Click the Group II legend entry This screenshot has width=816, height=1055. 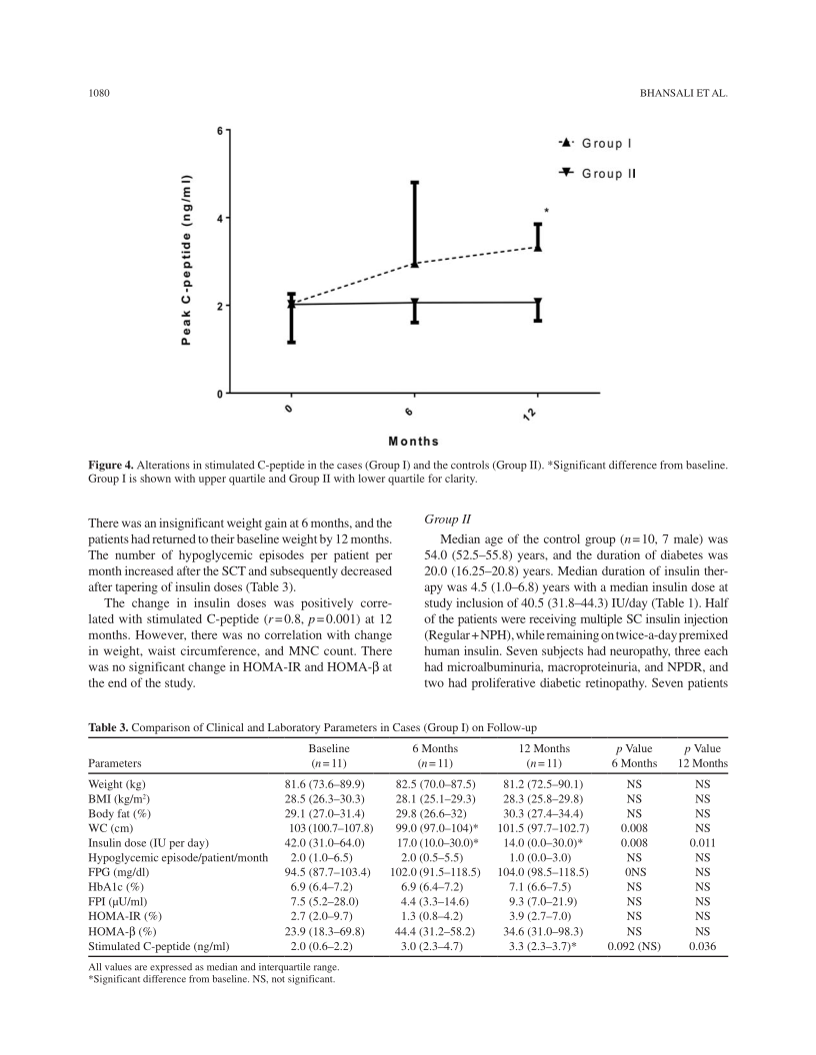[594, 173]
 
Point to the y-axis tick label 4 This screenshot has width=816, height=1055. [221, 218]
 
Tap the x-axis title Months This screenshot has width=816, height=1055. [413, 441]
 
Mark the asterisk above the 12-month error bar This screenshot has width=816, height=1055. [546, 212]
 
